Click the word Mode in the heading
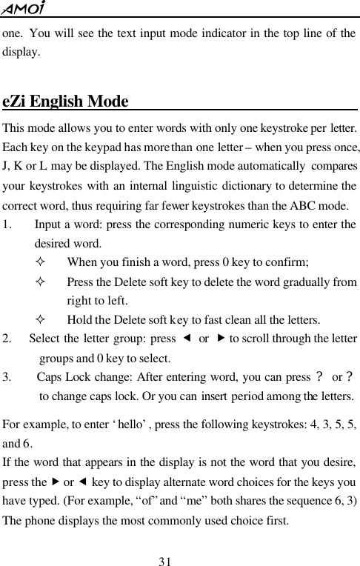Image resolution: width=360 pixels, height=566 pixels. pyautogui.click(x=107, y=101)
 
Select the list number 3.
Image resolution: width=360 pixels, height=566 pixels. pyautogui.click(x=7, y=377)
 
